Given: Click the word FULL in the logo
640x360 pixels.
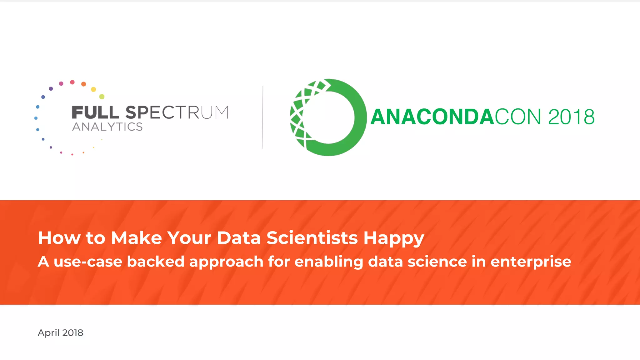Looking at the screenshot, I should pos(95,112).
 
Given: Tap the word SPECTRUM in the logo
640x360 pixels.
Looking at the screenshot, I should pos(177,112).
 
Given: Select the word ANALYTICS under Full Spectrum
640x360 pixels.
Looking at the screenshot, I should pos(107,127).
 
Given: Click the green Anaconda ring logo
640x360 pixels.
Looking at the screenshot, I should pos(328,117).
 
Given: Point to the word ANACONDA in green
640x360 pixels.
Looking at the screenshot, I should pos(432,117).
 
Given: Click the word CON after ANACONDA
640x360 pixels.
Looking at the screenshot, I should pos(518,117).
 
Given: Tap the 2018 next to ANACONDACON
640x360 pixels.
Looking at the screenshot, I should pos(571,117).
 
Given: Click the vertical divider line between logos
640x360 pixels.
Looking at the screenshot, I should pos(262,117).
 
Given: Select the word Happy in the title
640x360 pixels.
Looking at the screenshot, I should pos(393,238).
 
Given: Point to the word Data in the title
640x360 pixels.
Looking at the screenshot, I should pos(238,238).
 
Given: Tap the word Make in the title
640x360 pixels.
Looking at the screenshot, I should pos(137,238).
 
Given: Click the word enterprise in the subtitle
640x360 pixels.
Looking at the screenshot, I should pos(531,262).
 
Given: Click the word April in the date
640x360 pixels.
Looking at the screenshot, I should pos(48,333).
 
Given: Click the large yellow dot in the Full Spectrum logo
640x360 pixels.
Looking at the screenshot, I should pos(93,89).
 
